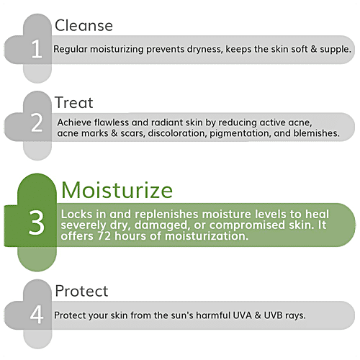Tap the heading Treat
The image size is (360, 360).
point(74,104)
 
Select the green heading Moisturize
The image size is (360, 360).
point(117,190)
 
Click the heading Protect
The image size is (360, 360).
point(82,291)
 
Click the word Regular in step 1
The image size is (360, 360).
point(72,50)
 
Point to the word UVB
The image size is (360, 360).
point(300,316)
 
